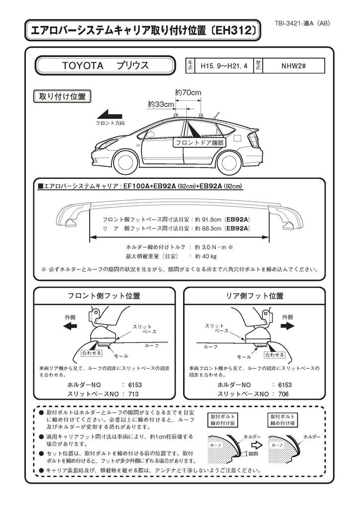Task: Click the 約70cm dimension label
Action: point(188,92)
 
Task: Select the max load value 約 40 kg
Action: point(206,256)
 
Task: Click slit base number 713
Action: point(133,394)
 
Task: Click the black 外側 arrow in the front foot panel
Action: point(70,326)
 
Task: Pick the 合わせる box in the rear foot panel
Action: point(274,355)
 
